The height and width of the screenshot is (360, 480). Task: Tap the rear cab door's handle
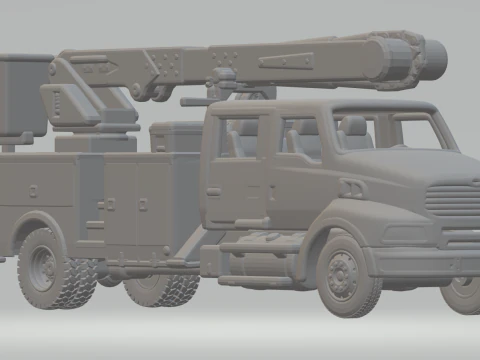213,190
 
